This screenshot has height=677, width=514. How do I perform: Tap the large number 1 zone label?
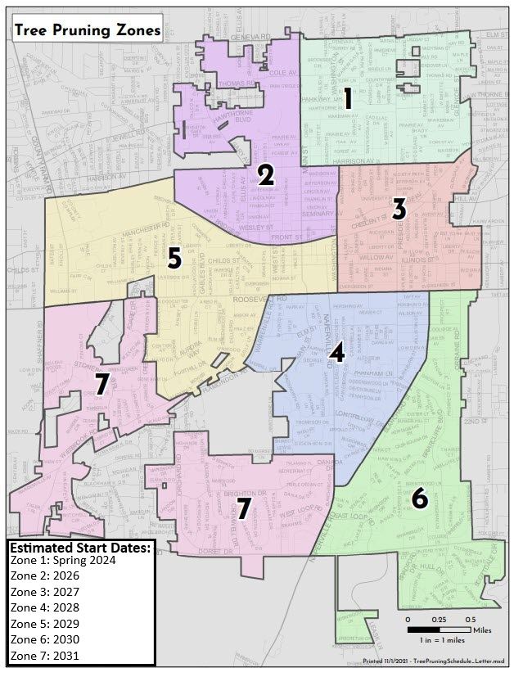(x=348, y=101)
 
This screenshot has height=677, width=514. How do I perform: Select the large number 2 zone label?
(x=265, y=174)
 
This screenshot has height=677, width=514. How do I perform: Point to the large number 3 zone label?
(x=399, y=209)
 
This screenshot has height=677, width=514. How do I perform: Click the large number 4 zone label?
(x=336, y=353)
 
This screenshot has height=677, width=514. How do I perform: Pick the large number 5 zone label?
(x=174, y=259)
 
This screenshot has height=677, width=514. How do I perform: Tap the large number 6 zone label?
(x=418, y=498)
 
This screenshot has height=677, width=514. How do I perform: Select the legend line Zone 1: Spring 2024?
(x=64, y=562)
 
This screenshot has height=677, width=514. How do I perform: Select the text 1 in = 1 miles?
(x=443, y=639)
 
